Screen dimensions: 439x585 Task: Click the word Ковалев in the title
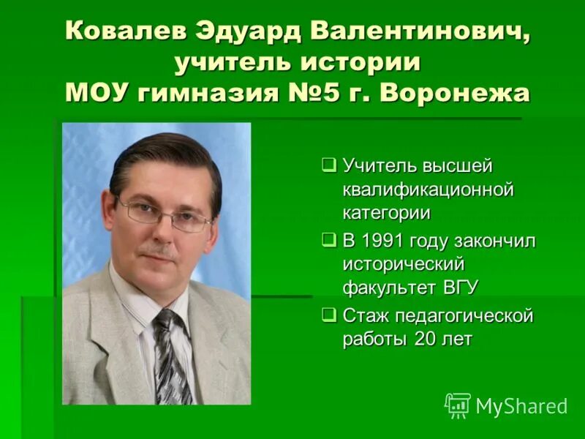(124, 31)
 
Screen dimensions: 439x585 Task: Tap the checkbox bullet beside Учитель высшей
(329, 164)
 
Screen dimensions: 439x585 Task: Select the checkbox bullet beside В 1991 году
(329, 239)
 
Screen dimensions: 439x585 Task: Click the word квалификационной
(429, 190)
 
